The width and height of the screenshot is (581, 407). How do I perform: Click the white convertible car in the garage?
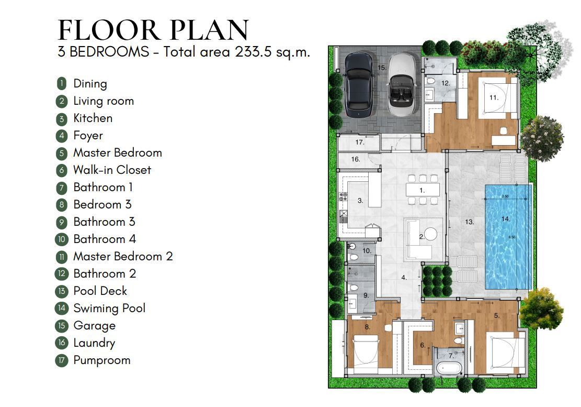(402, 85)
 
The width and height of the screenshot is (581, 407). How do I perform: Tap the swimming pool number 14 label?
(506, 219)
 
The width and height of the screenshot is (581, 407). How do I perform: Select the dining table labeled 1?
(423, 190)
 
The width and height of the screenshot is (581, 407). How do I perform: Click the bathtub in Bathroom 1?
(449, 368)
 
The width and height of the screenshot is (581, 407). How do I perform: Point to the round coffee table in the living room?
(430, 234)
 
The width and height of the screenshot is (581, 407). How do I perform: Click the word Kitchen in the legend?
(93, 118)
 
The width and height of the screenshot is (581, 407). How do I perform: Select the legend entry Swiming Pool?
(109, 308)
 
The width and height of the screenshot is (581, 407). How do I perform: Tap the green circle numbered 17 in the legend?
(62, 360)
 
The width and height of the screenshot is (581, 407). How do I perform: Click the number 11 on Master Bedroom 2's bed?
(494, 97)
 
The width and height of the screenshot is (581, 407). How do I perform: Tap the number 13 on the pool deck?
(470, 222)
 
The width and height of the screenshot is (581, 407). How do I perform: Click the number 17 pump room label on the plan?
(360, 142)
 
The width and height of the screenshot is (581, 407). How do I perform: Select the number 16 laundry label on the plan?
(355, 159)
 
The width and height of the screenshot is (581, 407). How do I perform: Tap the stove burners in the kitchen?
(344, 196)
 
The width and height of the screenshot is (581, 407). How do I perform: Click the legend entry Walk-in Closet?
(112, 170)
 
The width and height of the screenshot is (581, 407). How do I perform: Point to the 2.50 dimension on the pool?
(505, 196)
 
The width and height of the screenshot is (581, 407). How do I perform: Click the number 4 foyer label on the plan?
(404, 278)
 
